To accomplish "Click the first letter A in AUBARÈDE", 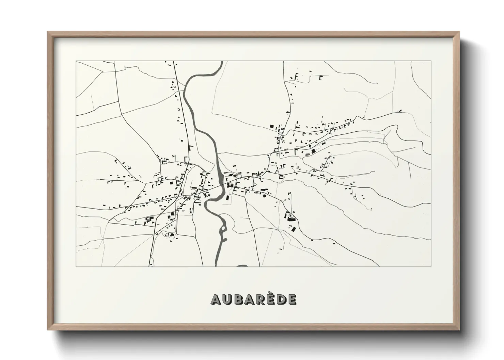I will point(217,299).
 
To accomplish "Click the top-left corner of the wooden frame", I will point(48,32).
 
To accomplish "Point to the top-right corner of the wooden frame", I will point(459,32).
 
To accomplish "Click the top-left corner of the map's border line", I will point(76,61).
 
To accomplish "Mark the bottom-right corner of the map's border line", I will point(431,266).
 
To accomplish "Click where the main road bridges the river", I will point(221,184).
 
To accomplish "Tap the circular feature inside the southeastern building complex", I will point(290,215).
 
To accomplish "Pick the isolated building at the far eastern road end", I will point(399,111).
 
